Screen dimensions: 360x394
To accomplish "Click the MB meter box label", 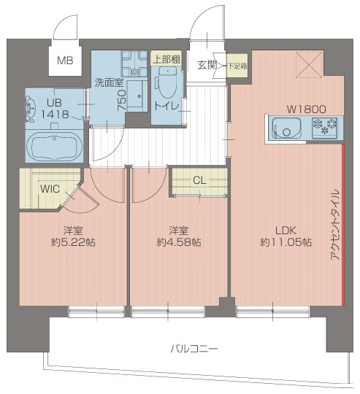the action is (x=65, y=61).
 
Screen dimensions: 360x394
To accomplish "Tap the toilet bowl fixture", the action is (x=168, y=82).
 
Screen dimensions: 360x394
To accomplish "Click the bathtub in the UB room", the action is (x=54, y=147).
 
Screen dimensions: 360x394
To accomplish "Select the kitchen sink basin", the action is (x=286, y=128).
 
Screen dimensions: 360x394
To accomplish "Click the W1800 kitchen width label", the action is (x=307, y=109).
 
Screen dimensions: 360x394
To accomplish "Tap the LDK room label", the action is (x=286, y=231).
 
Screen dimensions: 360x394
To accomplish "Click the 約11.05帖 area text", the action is (x=286, y=242).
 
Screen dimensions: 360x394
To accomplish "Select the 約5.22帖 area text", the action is (x=73, y=242).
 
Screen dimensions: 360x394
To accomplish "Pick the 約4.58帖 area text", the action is (x=179, y=242).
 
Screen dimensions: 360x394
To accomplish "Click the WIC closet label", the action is (x=50, y=189).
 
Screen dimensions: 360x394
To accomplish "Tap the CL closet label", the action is (x=200, y=180).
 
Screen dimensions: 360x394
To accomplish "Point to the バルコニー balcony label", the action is (x=194, y=349).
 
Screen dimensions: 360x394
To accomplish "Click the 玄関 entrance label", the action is (x=207, y=66).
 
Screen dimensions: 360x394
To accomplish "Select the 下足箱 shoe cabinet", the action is (x=237, y=66).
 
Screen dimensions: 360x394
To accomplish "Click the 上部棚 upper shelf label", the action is (x=166, y=60).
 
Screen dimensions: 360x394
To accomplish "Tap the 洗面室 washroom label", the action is (x=109, y=82).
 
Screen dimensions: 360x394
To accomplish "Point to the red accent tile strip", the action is (x=343, y=225).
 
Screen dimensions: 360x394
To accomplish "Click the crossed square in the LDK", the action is (x=309, y=65).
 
